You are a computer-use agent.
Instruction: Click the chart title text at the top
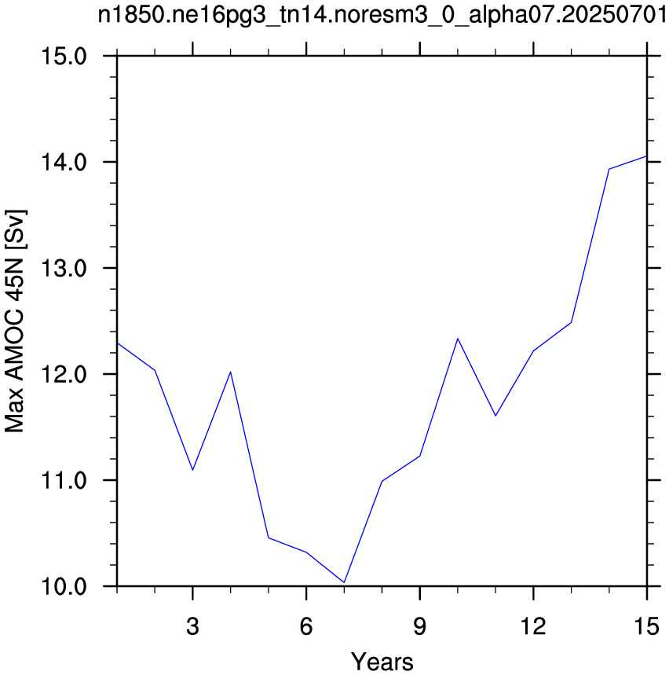point(382,15)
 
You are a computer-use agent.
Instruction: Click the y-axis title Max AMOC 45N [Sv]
point(15,321)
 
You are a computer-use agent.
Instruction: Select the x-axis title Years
point(382,661)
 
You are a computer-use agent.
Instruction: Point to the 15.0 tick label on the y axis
point(64,57)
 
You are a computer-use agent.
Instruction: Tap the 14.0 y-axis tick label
point(64,163)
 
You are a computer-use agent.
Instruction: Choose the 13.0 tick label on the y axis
point(64,268)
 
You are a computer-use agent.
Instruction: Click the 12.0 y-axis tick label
point(64,374)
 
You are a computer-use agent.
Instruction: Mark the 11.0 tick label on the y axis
point(64,480)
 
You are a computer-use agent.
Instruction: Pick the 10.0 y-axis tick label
point(64,586)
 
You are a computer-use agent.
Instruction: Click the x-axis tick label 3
point(192,626)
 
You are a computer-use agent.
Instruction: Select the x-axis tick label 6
point(306,626)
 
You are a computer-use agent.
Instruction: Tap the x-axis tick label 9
point(420,626)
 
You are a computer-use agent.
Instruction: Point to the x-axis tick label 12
point(533,626)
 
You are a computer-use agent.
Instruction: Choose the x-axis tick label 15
point(647,626)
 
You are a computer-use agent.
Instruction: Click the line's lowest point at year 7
point(344,582)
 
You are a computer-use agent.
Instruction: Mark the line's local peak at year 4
point(231,372)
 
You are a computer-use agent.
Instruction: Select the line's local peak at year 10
point(458,339)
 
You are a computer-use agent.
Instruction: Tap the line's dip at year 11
point(495,416)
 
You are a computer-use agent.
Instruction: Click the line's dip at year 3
point(192,470)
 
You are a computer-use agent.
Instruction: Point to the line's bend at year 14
point(609,169)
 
